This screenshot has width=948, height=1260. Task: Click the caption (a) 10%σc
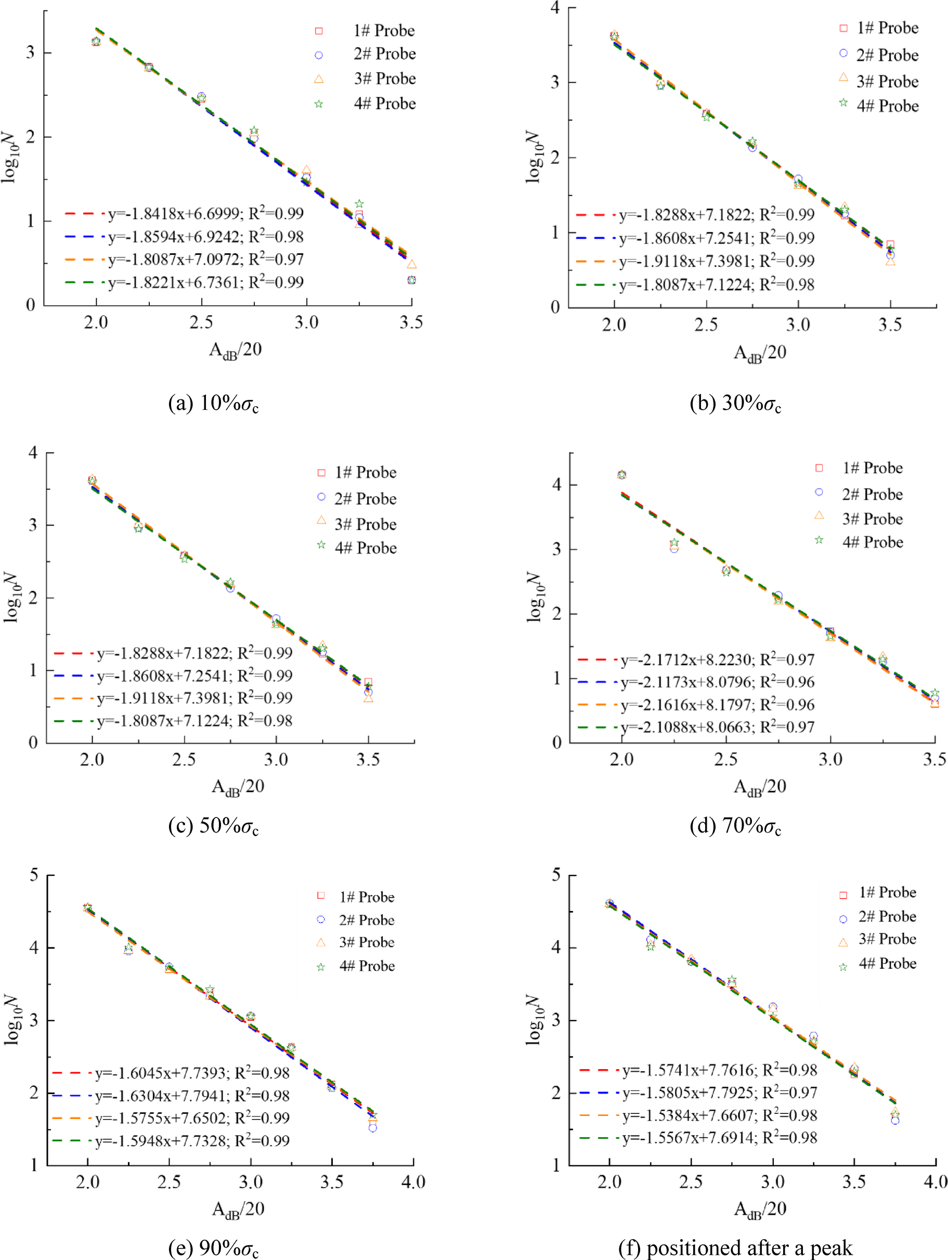point(214,404)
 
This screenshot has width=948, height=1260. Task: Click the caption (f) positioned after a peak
point(735,1248)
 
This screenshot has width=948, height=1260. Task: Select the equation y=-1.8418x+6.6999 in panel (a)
point(205,214)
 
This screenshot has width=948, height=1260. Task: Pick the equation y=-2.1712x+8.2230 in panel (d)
point(717,659)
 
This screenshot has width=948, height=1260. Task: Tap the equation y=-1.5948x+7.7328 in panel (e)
point(192,1140)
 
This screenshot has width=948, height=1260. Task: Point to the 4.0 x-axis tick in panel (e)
point(413,1182)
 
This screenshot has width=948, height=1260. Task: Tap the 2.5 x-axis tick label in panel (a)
point(201,323)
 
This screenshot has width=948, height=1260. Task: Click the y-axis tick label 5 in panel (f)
point(556,875)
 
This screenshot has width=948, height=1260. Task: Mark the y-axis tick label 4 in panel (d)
point(556,485)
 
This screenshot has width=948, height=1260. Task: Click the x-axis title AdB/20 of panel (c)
point(238,787)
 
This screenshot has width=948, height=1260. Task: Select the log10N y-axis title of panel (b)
point(533,157)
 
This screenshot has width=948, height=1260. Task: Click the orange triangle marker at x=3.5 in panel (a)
point(411,264)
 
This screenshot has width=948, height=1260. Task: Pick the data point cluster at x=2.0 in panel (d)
point(621,474)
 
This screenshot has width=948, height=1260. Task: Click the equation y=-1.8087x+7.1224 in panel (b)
point(717,284)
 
